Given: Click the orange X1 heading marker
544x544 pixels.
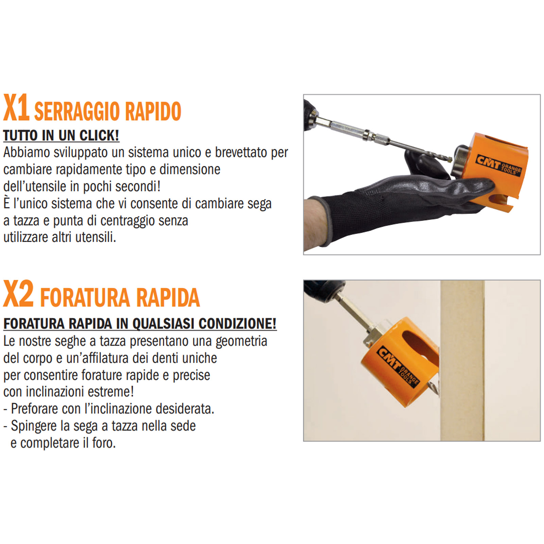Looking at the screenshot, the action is (x=16, y=108).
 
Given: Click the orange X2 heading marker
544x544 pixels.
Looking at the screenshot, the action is (x=18, y=294).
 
